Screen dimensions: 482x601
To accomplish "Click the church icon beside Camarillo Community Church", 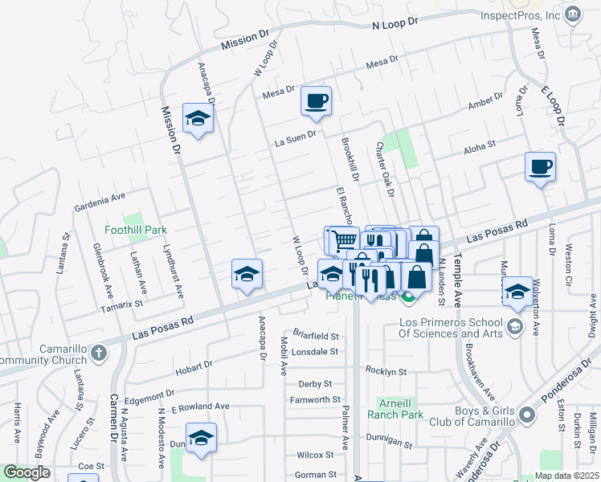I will point(97,352).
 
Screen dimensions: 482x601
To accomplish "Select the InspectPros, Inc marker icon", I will point(572,14).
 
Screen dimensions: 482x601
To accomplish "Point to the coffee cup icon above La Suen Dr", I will point(316,100).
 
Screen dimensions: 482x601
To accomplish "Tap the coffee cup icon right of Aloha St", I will point(540,166).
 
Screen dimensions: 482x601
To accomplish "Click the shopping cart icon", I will point(343,239).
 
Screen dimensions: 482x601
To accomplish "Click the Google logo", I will point(27,473).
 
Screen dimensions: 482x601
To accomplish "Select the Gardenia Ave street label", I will point(100,196).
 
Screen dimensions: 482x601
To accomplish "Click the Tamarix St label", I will point(121,304).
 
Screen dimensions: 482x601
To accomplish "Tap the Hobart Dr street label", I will point(194,366).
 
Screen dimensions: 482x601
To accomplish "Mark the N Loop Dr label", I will point(395,26).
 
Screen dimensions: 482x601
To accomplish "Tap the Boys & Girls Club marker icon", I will point(527,415).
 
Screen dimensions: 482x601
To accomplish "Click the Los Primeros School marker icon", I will point(514,328).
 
